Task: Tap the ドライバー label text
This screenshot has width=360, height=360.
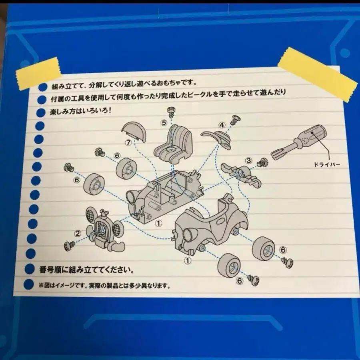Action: click(x=327, y=165)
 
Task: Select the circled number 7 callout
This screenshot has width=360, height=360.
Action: click(x=128, y=142)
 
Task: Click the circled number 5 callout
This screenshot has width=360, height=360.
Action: click(x=164, y=123)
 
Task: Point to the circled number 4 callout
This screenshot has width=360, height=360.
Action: click(x=222, y=125)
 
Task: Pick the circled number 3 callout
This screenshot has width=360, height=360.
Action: click(x=249, y=160)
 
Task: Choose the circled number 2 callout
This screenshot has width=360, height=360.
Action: click(x=78, y=234)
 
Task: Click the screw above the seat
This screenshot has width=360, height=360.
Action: click(x=171, y=112)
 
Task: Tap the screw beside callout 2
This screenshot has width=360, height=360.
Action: click(x=69, y=246)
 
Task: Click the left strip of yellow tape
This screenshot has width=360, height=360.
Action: click(x=38, y=73)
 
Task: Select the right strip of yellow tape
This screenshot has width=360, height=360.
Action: click(x=318, y=74)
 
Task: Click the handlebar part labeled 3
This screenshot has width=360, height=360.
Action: click(x=241, y=174)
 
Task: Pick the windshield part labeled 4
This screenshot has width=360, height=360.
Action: click(x=216, y=138)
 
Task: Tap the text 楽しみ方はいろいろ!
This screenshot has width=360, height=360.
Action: click(x=81, y=111)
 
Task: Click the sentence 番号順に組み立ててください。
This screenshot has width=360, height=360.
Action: click(x=87, y=270)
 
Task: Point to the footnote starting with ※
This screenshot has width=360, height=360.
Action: click(x=104, y=286)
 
